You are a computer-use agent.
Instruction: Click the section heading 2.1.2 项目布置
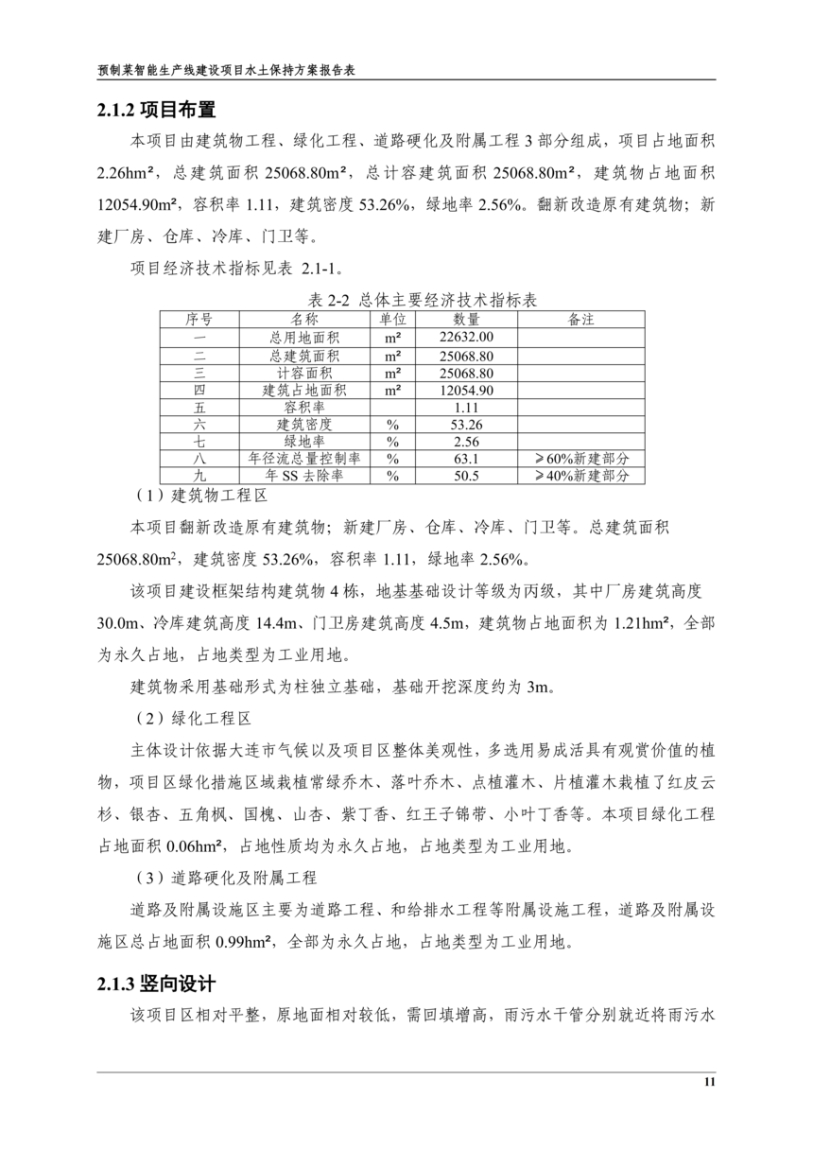pyautogui.click(x=157, y=111)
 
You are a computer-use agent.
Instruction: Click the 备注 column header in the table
pyautogui.click(x=581, y=320)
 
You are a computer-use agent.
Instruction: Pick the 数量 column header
pyautogui.click(x=467, y=320)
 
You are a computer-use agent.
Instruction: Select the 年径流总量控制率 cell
pyautogui.click(x=305, y=460)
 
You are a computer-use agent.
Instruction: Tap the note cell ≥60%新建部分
pyautogui.click(x=581, y=460)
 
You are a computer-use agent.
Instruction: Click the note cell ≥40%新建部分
pyautogui.click(x=581, y=477)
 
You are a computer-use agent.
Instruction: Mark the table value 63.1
pyautogui.click(x=467, y=460)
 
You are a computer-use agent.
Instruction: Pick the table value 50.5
pyautogui.click(x=467, y=477)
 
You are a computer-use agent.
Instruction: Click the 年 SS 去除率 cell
pyautogui.click(x=305, y=477)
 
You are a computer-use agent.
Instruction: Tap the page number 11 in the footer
pyautogui.click(x=709, y=1083)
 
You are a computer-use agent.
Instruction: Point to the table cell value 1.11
pyautogui.click(x=467, y=408)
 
